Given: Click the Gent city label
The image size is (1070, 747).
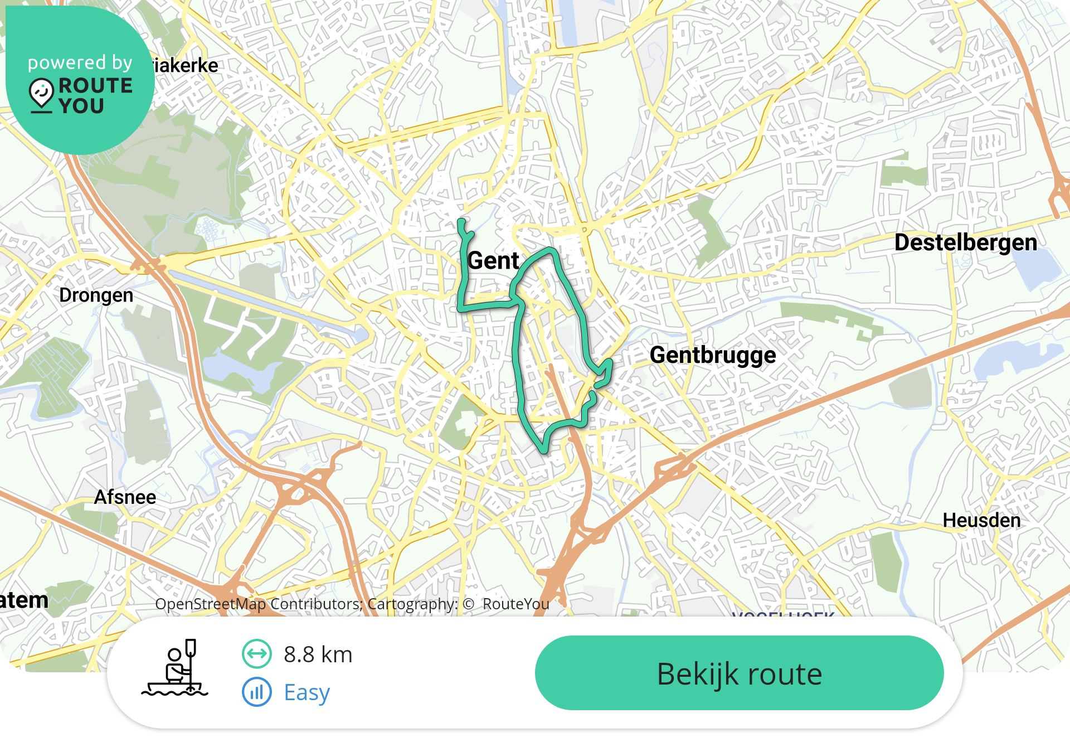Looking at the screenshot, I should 493,261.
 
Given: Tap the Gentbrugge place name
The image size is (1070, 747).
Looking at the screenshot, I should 712,355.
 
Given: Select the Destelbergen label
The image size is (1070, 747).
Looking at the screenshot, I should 965,242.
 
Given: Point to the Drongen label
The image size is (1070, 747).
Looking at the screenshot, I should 96,295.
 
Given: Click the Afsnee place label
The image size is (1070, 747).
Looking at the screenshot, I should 125,497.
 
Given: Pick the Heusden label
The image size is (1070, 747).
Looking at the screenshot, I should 981,520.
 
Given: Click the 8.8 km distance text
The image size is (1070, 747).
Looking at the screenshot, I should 318,654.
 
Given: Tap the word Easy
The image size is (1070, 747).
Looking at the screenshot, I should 307,692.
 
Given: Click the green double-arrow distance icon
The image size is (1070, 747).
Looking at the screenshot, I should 256,654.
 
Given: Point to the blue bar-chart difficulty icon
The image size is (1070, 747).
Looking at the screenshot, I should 256,692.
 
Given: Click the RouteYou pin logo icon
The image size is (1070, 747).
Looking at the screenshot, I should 41,94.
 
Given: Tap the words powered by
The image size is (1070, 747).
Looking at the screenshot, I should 80,62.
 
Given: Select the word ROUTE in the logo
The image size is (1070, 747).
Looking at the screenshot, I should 95,85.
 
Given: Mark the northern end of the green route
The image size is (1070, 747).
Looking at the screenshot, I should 461,222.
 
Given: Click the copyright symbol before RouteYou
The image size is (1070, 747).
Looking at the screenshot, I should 468,604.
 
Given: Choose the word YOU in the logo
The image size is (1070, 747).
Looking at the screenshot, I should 81,106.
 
